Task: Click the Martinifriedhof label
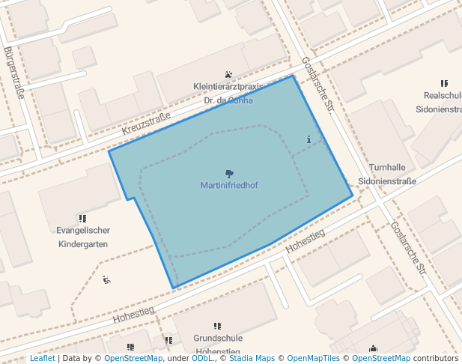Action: click(x=229, y=185)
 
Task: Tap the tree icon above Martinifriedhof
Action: click(x=229, y=174)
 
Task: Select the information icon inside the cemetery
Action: click(x=308, y=139)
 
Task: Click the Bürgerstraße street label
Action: click(x=14, y=73)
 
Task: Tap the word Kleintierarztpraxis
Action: click(x=228, y=86)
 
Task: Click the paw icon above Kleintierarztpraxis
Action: click(x=228, y=73)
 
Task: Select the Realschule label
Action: click(x=443, y=96)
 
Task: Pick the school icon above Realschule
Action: click(x=444, y=83)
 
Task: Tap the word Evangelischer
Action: click(x=83, y=231)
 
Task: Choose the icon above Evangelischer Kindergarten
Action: click(x=82, y=218)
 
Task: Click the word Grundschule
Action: click(x=217, y=339)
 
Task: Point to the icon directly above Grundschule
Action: click(x=217, y=327)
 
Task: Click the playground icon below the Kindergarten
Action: click(x=106, y=280)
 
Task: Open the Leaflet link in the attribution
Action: click(x=42, y=359)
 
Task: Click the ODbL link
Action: click(x=202, y=359)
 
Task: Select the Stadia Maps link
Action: click(x=251, y=359)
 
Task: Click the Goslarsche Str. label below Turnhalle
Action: click(x=408, y=248)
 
